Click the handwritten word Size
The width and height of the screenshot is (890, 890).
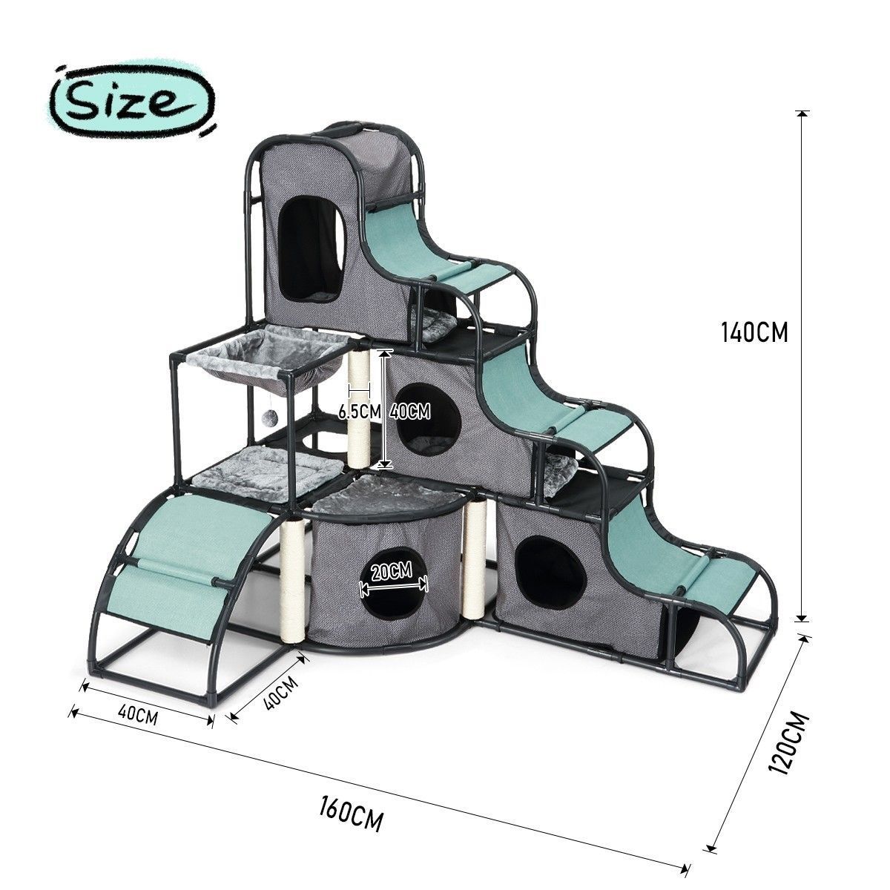coord(121,100)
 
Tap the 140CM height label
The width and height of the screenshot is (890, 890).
coord(755,332)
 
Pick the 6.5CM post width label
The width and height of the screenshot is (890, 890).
coord(359,412)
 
